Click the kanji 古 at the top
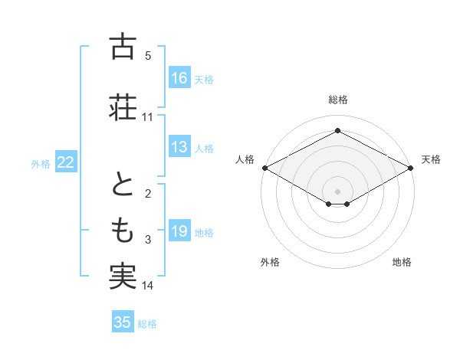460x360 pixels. pos(123,47)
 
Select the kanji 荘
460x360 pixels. pos(123,107)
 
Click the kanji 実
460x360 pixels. pos(123,275)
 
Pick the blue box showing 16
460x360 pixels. pos(179,78)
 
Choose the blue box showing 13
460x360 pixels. pos(179,147)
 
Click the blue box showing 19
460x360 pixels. pos(179,232)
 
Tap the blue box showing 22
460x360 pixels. pos(66,162)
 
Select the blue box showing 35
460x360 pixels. pos(123,322)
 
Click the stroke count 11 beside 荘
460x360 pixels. pos(148,117)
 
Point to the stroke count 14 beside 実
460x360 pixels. pos(148,286)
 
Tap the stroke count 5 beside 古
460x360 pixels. pos(148,56)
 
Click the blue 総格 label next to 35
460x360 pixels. pos(147,324)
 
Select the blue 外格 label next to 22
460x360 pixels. pos(41,164)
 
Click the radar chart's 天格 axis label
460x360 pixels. pos(431,159)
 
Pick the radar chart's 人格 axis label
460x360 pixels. pos(245,159)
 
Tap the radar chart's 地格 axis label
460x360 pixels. pos(402,263)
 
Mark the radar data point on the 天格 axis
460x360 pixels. pos(411,168)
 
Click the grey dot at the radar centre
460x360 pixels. pos(337,190)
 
